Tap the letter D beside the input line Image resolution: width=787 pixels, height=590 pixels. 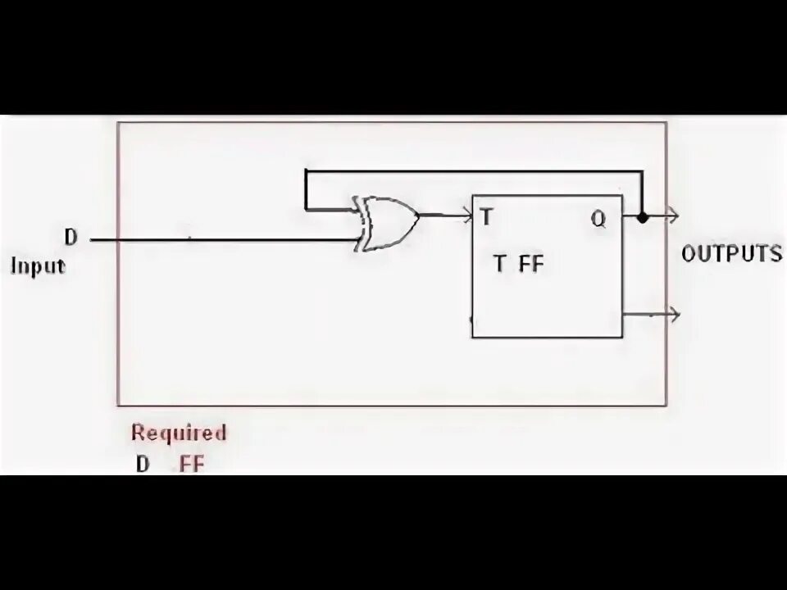tap(71, 238)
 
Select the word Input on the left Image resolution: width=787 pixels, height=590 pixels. tap(38, 265)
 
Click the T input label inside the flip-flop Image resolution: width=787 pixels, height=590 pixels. tap(487, 217)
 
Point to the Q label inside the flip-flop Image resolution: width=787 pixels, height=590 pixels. tap(598, 219)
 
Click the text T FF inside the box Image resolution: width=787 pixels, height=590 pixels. tap(518, 264)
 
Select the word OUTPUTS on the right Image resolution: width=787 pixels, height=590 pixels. tap(732, 253)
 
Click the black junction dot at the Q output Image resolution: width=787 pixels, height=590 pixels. tap(643, 217)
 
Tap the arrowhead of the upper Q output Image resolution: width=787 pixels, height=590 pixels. tap(673, 216)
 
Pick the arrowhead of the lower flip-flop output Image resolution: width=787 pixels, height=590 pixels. tap(674, 313)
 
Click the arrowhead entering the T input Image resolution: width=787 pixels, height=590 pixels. tap(467, 216)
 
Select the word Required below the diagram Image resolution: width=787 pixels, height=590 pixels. tap(179, 432)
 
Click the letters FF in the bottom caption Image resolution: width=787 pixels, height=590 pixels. tap(192, 464)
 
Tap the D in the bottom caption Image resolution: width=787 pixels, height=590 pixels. tap(143, 464)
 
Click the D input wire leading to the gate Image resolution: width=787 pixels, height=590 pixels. tap(221, 240)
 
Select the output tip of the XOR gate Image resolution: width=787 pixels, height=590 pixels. tap(418, 216)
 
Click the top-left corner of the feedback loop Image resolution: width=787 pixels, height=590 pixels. tap(306, 172)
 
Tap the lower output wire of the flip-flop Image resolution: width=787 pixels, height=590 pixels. tap(648, 313)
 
